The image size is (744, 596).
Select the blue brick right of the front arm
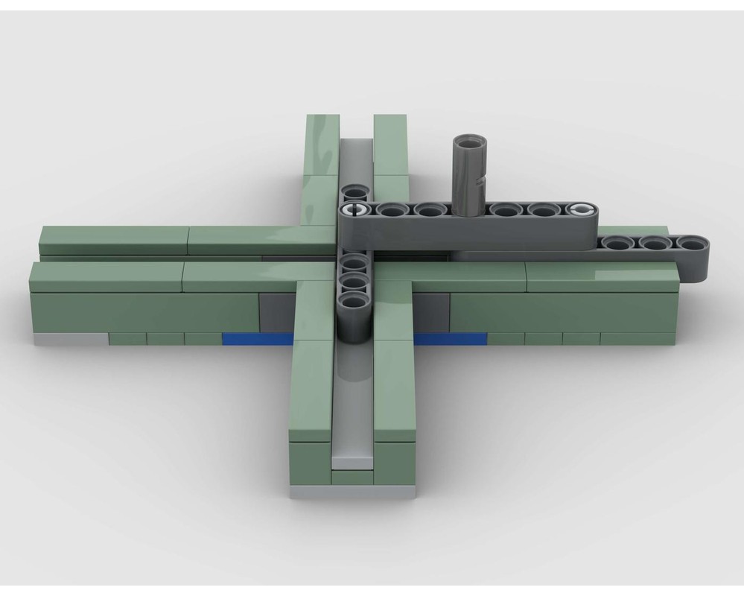pyautogui.click(x=450, y=339)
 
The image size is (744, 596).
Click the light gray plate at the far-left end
pyautogui.click(x=71, y=340)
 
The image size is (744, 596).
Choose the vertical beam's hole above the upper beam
pyautogui.click(x=354, y=193)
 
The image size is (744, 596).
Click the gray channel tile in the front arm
pyautogui.click(x=353, y=417)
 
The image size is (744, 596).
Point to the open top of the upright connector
pyautogui.click(x=469, y=142)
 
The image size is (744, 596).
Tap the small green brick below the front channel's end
pyautogui.click(x=352, y=477)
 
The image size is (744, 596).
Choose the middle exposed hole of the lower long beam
pyautogui.click(x=655, y=243)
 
